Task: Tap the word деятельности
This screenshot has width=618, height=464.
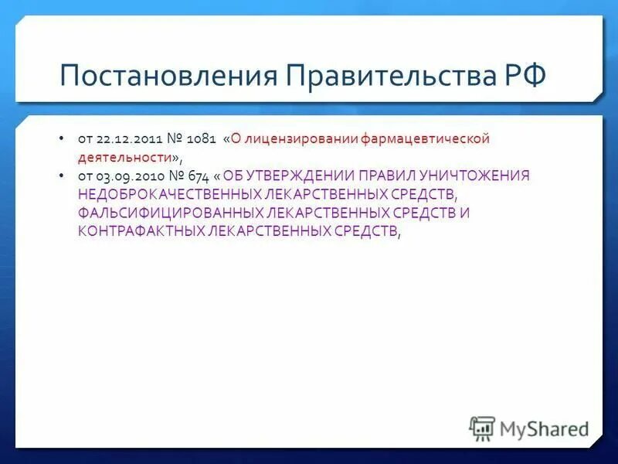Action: coord(123,157)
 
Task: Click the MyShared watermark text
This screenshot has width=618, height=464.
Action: coord(544,428)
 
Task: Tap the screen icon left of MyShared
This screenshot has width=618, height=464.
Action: coord(482,428)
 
